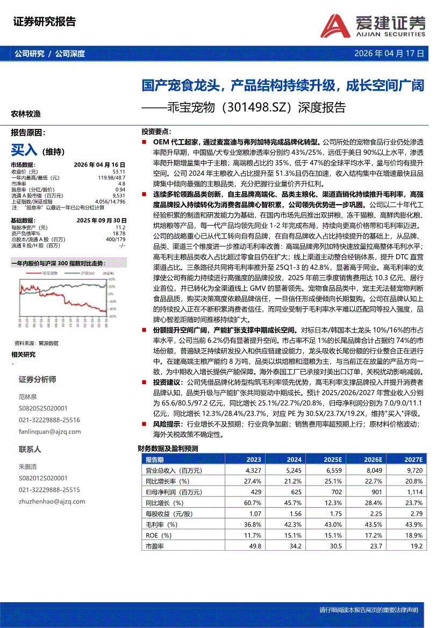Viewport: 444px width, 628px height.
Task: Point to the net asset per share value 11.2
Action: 120,228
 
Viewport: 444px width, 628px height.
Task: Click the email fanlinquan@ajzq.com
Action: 50,431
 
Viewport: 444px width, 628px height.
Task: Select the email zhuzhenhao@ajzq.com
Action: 52,502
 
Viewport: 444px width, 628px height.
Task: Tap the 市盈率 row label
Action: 154,546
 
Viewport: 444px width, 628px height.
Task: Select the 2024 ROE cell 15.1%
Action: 293,535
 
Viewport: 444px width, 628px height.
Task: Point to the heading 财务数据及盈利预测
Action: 168,449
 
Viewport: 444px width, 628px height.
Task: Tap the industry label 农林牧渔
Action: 26,114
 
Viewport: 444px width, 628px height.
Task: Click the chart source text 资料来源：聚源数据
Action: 37,342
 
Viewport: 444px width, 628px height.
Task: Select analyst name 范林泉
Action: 27,396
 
